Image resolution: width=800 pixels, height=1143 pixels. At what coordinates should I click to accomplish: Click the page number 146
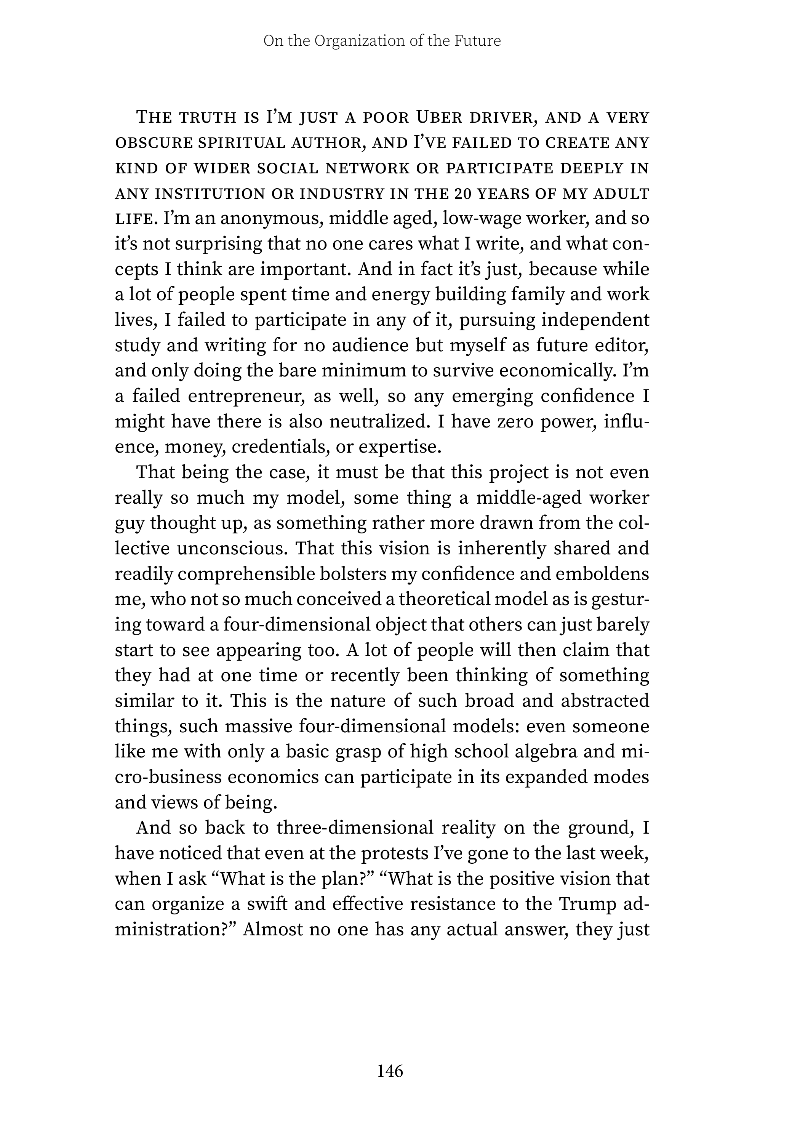(x=390, y=1069)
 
